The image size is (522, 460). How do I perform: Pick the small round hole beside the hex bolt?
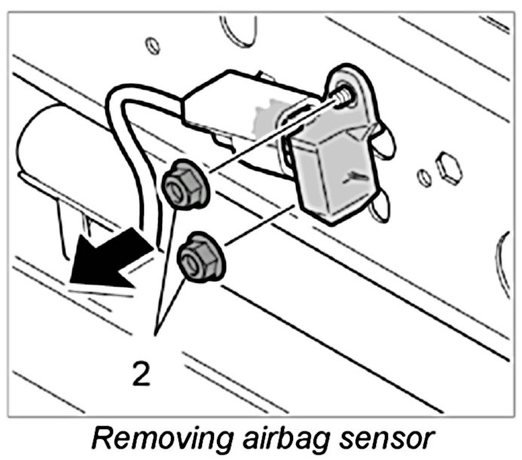click(x=425, y=178)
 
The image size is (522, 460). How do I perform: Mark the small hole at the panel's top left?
click(x=154, y=45)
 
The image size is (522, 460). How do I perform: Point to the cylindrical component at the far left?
click(x=45, y=151)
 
